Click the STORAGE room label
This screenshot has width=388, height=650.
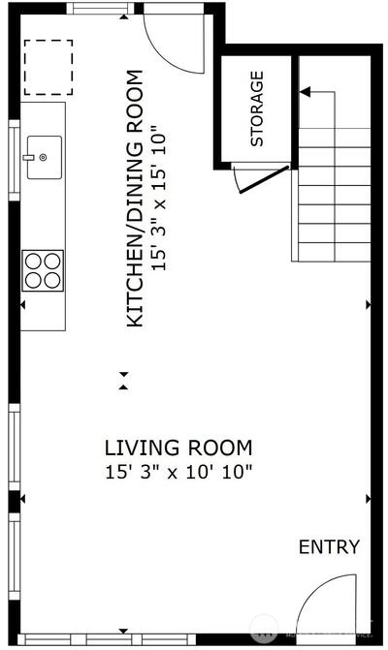[x=257, y=108]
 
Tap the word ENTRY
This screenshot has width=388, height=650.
[x=329, y=547]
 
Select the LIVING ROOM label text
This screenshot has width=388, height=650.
[x=178, y=449]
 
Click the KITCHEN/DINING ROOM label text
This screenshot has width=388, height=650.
[x=135, y=199]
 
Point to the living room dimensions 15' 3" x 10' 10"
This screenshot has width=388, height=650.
[x=178, y=472]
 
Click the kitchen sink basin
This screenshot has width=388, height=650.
[x=45, y=158]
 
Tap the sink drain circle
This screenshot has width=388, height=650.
[x=43, y=157]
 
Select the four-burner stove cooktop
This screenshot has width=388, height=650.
[x=43, y=270]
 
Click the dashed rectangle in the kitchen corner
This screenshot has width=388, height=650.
[x=48, y=67]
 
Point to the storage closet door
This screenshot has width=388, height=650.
[x=264, y=179]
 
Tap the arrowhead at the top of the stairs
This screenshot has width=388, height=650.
[x=305, y=92]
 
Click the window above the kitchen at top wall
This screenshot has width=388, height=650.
[x=101, y=9]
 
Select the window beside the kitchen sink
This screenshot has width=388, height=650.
[x=15, y=160]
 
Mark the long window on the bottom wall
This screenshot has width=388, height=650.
[x=107, y=638]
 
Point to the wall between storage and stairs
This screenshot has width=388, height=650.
[x=295, y=112]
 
